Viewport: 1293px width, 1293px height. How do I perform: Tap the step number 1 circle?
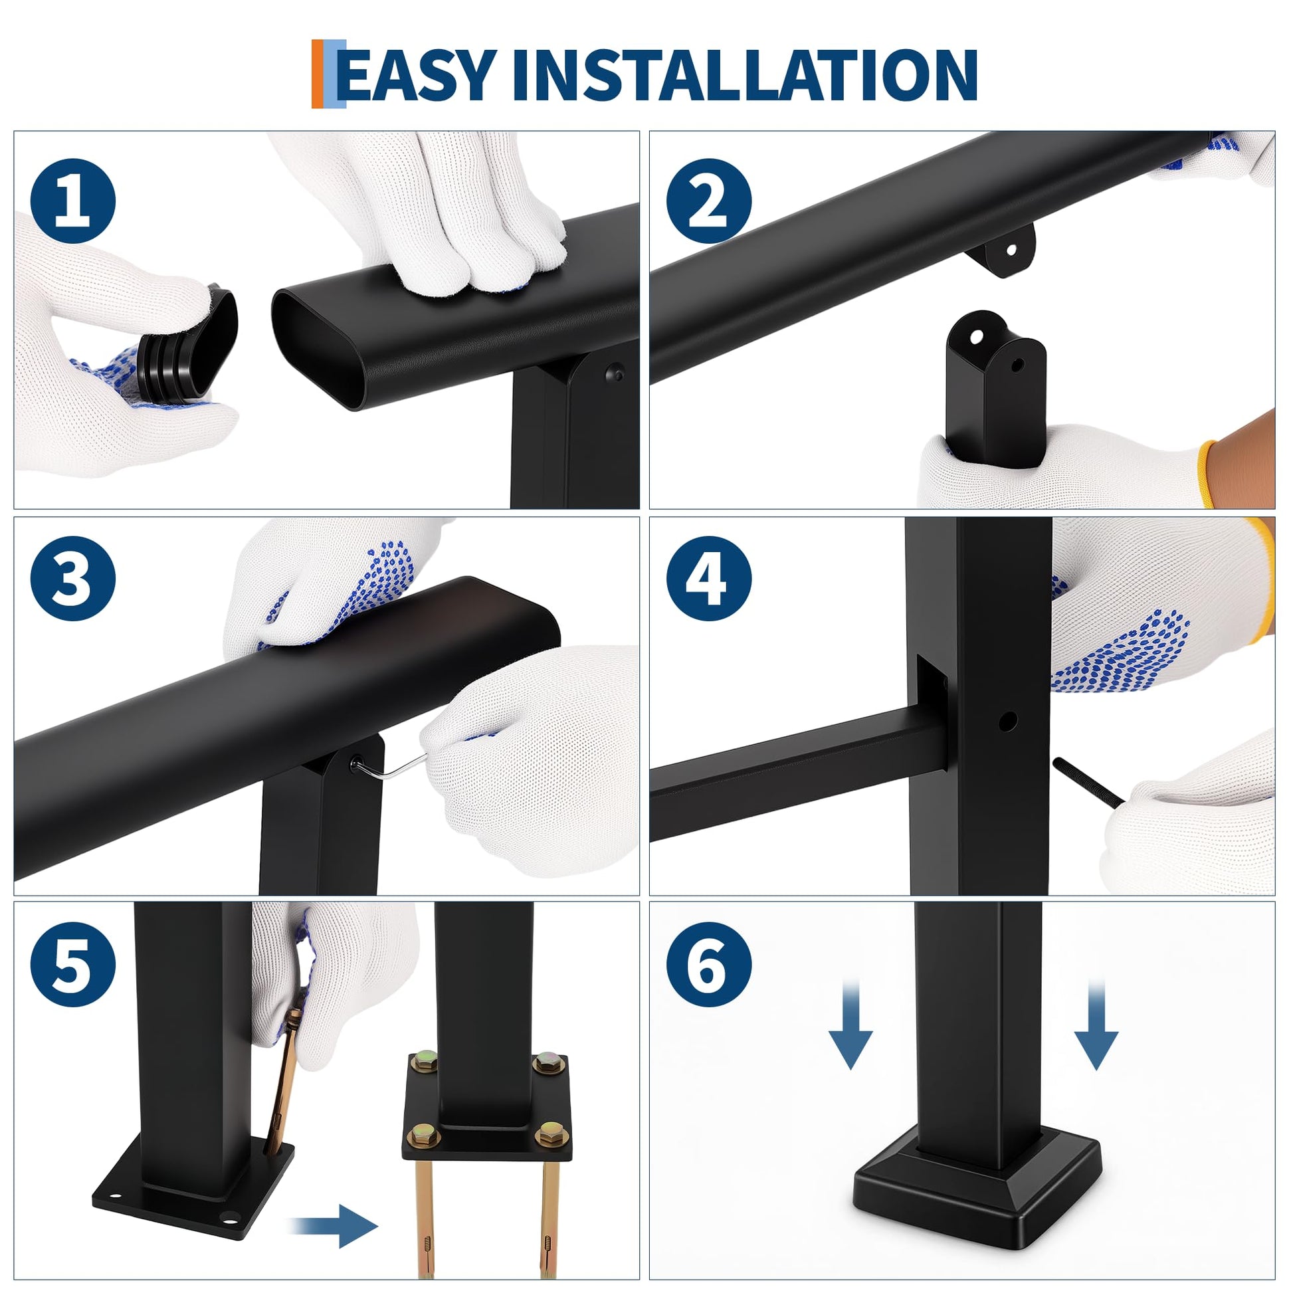[73, 201]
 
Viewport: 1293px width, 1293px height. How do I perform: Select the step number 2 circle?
[709, 201]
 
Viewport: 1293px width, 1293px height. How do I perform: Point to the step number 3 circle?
[73, 578]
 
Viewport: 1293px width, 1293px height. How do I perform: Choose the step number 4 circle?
[709, 578]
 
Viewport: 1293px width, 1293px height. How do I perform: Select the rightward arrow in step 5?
[336, 1225]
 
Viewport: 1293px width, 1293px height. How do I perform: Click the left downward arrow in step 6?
[850, 1023]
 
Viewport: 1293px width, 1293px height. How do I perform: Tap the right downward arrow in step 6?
[1096, 1023]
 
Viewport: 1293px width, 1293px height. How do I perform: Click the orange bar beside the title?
[317, 74]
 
